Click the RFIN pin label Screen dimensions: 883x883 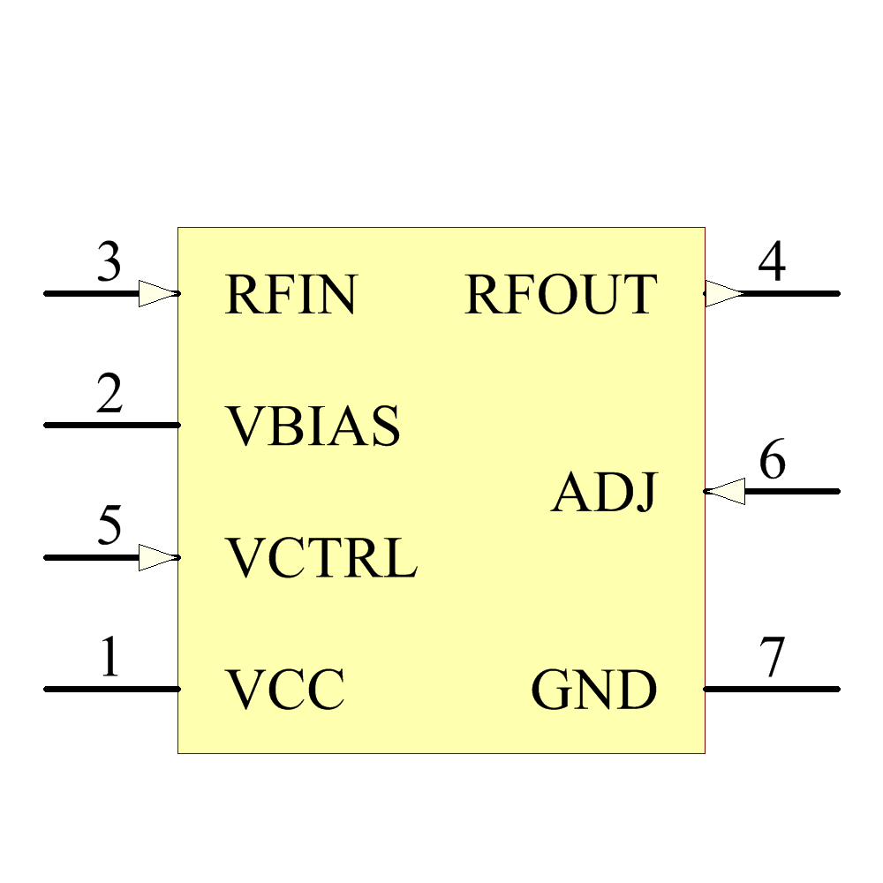coord(291,295)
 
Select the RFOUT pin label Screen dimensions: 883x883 coord(561,295)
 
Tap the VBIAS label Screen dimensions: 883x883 coord(313,426)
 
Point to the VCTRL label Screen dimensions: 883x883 coord(321,559)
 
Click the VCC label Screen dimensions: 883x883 coord(284,691)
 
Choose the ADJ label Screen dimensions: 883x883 coord(605,493)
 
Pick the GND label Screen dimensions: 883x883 coord(594,691)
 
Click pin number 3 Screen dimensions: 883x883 coord(109,263)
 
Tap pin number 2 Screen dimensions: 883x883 coord(109,395)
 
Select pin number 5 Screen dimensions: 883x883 coord(109,527)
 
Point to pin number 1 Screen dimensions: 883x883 coord(109,658)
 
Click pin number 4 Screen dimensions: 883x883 coord(773,262)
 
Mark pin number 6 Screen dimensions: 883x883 coord(773,461)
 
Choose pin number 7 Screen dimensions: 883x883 coord(773,658)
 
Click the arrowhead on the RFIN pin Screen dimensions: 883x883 coord(157,293)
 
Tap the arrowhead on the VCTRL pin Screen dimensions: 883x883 coord(157,557)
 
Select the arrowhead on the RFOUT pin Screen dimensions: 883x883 coord(724,293)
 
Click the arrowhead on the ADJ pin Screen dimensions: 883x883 coord(726,491)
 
